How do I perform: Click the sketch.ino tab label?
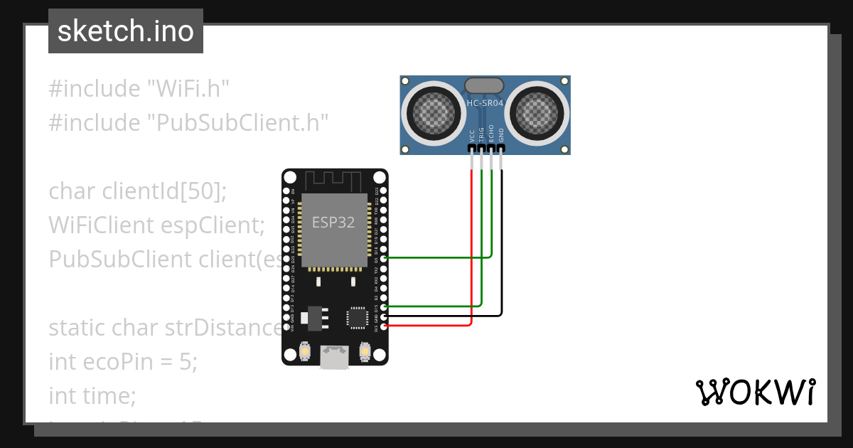pyautogui.click(x=125, y=31)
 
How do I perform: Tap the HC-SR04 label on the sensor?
pyautogui.click(x=485, y=103)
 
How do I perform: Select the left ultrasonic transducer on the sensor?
pyautogui.click(x=431, y=112)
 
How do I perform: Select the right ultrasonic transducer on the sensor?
pyautogui.click(x=539, y=112)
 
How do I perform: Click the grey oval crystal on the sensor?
pyautogui.click(x=485, y=85)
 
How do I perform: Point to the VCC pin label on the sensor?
pyautogui.click(x=472, y=136)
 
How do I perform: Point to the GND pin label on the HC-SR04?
pyautogui.click(x=502, y=135)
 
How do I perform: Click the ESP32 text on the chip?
pyautogui.click(x=333, y=222)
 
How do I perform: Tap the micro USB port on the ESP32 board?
pyautogui.click(x=335, y=357)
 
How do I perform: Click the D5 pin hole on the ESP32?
pyautogui.click(x=385, y=259)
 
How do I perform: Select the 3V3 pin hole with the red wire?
pyautogui.click(x=385, y=326)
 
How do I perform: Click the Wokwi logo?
pyautogui.click(x=754, y=392)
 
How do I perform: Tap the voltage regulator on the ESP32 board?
pyautogui.click(x=313, y=318)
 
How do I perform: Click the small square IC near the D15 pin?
pyautogui.click(x=356, y=317)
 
